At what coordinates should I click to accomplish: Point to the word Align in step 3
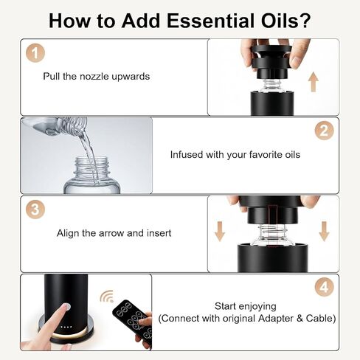tap(69, 233)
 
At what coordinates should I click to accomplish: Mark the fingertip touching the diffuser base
tap(64, 309)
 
